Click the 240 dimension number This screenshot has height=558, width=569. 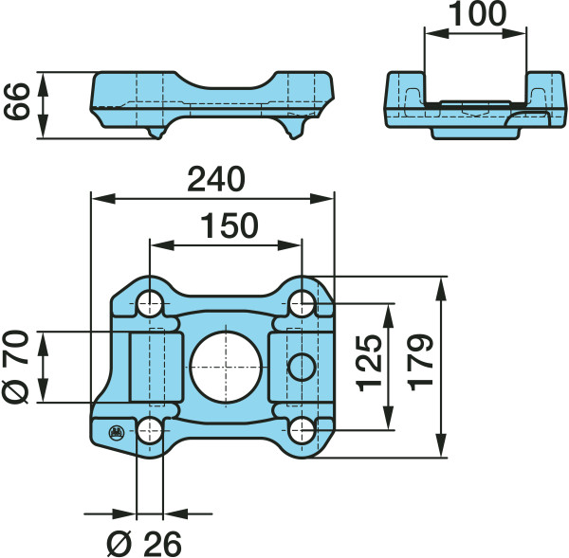[216, 179]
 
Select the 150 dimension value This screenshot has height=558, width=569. [229, 225]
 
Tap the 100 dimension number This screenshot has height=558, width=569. [477, 14]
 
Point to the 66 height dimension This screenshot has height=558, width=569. [16, 101]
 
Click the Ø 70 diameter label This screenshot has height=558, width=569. [15, 367]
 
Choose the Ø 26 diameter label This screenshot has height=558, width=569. [144, 544]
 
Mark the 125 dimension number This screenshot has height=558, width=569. [370, 363]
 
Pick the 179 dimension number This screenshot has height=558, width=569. [420, 363]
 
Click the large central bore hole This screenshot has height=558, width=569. [226, 367]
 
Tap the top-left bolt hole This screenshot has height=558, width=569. [150, 303]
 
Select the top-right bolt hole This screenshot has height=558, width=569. [302, 303]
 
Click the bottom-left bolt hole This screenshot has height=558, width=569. [150, 430]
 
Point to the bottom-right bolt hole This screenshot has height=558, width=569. [302, 430]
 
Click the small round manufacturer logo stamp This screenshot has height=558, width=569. [117, 432]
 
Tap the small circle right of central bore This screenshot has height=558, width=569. [302, 367]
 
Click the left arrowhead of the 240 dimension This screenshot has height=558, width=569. [103, 199]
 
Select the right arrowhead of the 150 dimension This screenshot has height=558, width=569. [289, 245]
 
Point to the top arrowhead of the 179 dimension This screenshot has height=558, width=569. [441, 288]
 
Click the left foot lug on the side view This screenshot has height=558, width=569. [155, 133]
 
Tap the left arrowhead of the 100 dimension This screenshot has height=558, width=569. [436, 34]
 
